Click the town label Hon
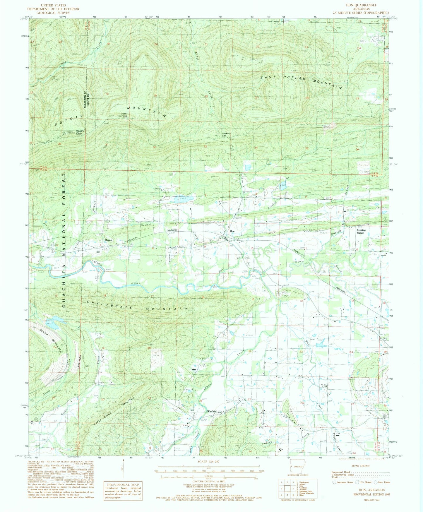point(232,231)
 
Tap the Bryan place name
point(109,240)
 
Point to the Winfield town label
point(212,411)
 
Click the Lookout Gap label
point(226,135)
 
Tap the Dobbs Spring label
point(123,115)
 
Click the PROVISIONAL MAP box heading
point(123,484)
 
